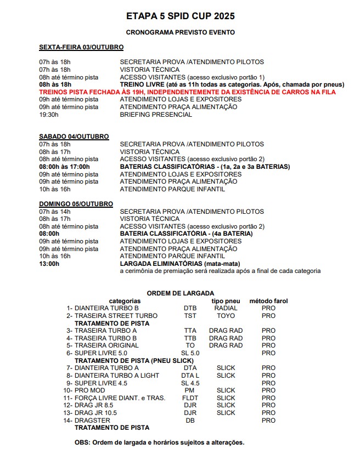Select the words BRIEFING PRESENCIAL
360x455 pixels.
[156, 115]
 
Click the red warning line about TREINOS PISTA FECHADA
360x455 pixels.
[187, 92]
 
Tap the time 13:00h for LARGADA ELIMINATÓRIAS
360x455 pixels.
[49, 264]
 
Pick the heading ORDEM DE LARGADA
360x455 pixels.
[180, 293]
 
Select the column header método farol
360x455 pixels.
[268, 301]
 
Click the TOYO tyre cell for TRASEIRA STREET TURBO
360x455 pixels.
[226, 316]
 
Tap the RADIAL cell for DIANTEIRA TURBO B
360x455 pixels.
[226, 308]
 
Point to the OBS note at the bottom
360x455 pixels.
[159, 442]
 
